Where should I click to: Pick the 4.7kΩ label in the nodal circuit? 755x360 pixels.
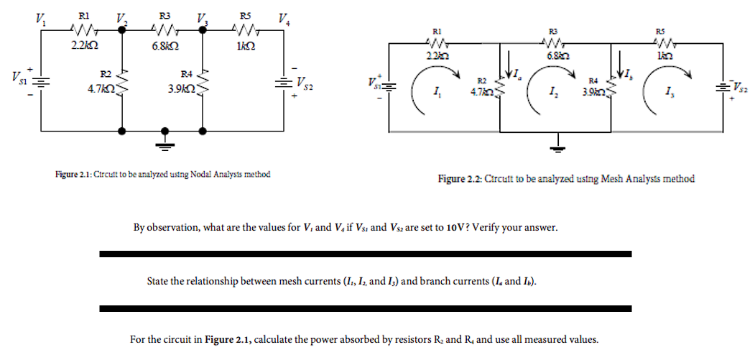(x=100, y=91)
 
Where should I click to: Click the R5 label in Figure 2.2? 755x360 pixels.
(x=667, y=31)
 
